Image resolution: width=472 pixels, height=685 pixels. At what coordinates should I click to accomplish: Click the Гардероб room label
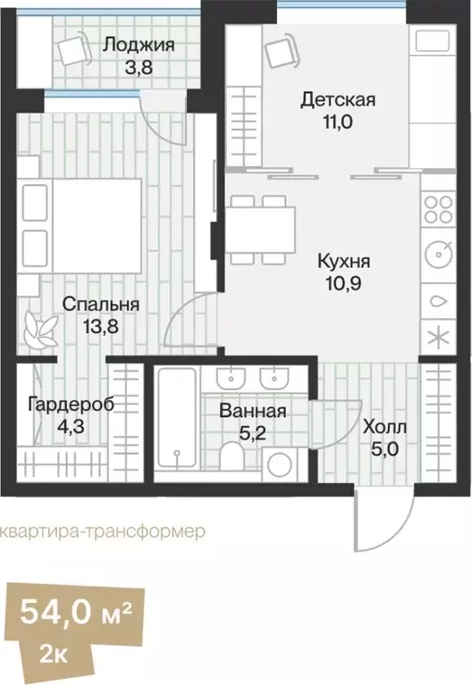71,404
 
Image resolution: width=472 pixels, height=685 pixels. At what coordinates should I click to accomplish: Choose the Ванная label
253,412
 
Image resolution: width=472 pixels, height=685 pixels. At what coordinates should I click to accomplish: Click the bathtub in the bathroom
176,418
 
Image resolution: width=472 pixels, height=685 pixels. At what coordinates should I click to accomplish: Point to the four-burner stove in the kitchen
438,210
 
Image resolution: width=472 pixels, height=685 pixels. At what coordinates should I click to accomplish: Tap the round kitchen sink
439,255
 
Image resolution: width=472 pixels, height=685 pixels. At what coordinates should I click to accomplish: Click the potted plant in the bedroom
40,329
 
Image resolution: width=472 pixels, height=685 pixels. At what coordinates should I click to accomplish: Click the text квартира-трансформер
102,530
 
